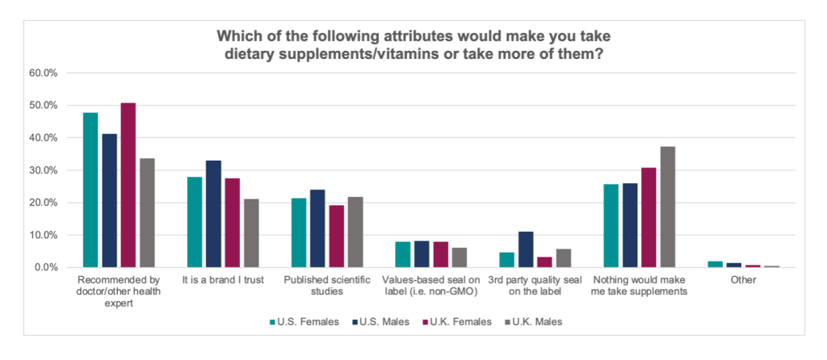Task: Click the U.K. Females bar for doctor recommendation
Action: [x=128, y=186]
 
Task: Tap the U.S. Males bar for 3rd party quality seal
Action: [x=527, y=249]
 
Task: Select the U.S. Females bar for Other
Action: [x=715, y=264]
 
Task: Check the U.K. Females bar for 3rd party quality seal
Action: [x=545, y=262]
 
